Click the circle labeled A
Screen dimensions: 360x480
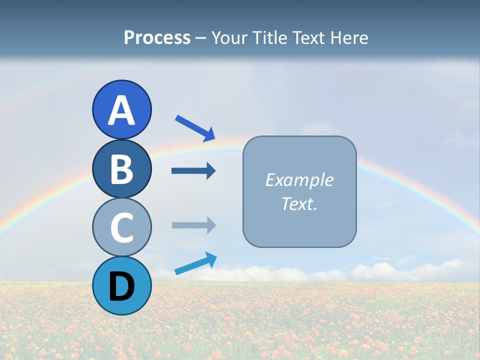[121, 109]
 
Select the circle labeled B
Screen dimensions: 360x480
[121, 168]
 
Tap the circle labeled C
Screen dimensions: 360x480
[121, 227]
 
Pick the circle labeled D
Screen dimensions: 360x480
[121, 285]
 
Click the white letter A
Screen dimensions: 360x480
[121, 110]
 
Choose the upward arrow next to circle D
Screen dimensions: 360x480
[195, 264]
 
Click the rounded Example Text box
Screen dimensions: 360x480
[299, 191]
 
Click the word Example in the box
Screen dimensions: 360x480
[299, 180]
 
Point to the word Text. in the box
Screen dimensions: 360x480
[299, 204]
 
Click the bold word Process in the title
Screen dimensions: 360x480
[157, 37]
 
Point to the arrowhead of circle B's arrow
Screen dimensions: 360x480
[211, 171]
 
